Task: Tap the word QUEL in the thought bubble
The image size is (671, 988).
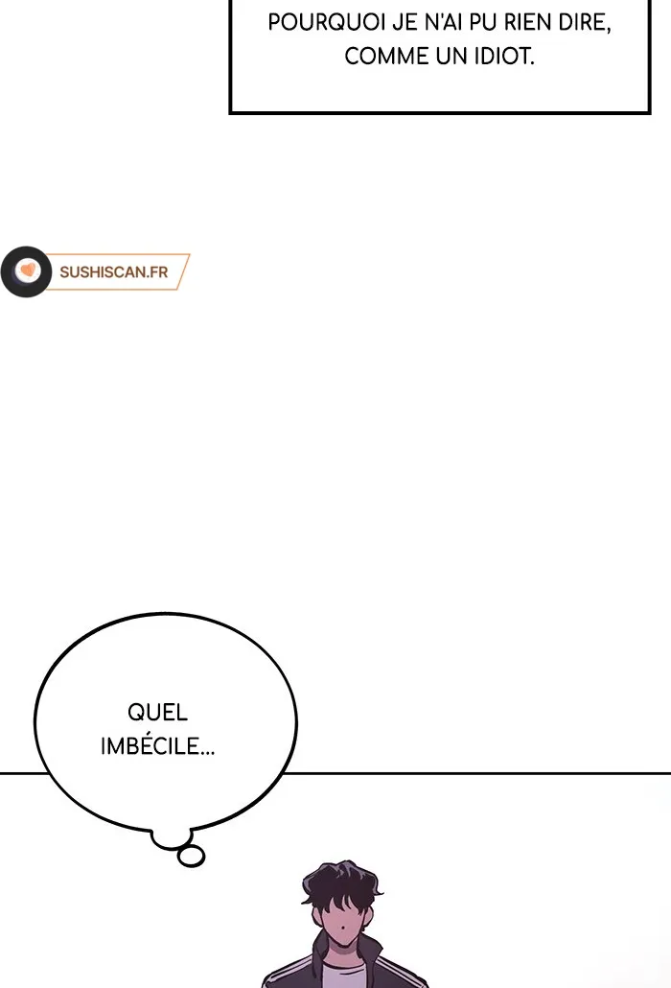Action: [x=157, y=712]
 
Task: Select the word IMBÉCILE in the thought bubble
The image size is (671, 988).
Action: [x=157, y=745]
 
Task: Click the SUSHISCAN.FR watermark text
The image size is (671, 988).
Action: [x=114, y=272]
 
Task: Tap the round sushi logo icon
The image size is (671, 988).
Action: [x=27, y=271]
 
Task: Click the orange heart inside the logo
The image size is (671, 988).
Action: [x=28, y=271]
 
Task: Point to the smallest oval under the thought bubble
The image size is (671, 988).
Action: [x=192, y=857]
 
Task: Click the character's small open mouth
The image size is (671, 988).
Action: [x=340, y=929]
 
